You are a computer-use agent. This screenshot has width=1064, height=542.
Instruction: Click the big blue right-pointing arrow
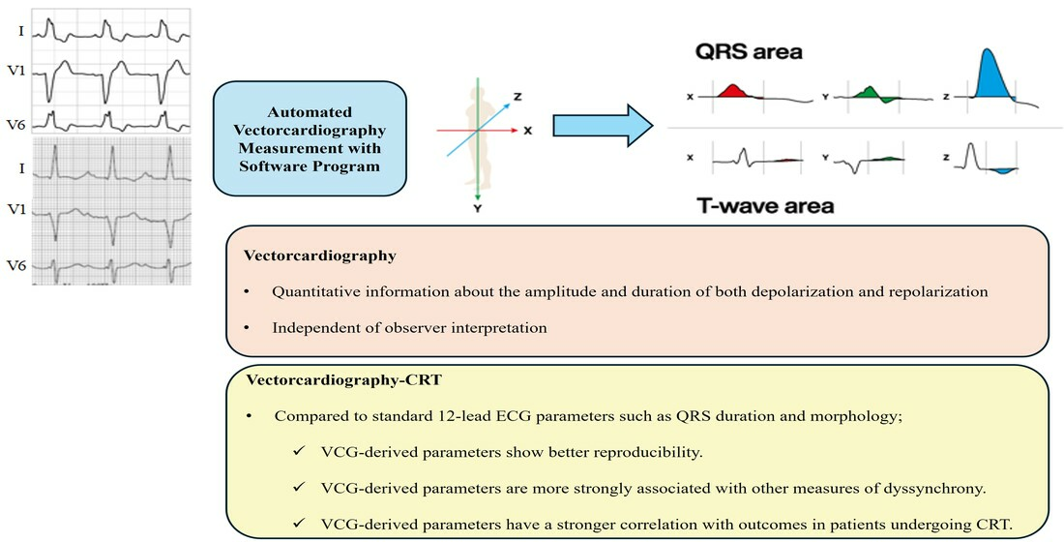[x=603, y=126]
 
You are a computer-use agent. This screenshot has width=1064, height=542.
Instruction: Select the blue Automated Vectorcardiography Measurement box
[x=310, y=138]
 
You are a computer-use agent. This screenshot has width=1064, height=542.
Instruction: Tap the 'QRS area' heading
[x=749, y=52]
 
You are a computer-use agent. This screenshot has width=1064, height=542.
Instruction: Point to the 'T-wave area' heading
[x=765, y=205]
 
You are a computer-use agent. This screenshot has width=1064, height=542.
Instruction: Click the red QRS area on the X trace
[x=733, y=91]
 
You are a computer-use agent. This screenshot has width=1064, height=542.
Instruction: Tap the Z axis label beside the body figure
[x=517, y=97]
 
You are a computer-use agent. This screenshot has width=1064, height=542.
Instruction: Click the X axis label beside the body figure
[x=528, y=131]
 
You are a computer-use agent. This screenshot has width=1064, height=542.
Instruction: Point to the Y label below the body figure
[x=478, y=208]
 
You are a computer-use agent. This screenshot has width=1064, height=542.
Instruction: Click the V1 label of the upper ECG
[x=16, y=70]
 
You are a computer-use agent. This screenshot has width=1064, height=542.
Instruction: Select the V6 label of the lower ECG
[x=16, y=265]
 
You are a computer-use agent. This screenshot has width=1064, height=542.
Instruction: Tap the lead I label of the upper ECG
[x=21, y=31]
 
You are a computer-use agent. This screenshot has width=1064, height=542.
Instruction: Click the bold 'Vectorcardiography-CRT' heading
[x=344, y=379]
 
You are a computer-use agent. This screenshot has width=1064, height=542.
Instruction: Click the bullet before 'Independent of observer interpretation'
[x=247, y=328]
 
